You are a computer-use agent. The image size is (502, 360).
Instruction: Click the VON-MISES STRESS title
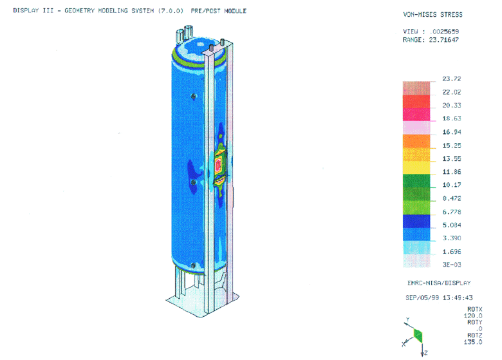[432, 14]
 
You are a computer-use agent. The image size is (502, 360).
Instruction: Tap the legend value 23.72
[451, 79]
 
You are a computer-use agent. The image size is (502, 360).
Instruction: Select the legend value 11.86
[451, 172]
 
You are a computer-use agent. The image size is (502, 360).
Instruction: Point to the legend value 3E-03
[451, 265]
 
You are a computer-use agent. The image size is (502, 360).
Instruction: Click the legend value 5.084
[451, 225]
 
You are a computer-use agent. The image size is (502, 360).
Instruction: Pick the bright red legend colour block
[416, 102]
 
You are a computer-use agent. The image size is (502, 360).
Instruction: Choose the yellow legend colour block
[416, 168]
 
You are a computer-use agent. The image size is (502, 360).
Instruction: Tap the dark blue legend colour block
[416, 221]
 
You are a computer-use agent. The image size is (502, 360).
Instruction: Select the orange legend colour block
[416, 141]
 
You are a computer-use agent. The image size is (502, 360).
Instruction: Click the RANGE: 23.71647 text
[431, 40]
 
